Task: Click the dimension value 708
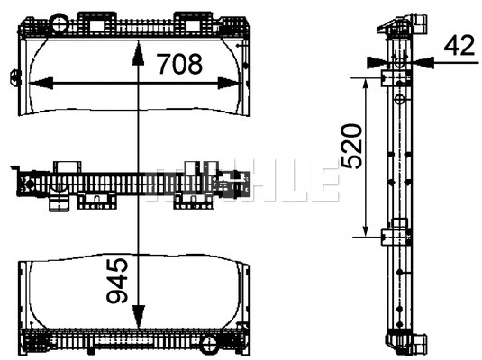pos(179,65)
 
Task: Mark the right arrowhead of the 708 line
pos(239,83)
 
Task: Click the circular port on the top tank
pos(60,22)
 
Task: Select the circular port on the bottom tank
pos(211,343)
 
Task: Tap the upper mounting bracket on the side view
pos(395,79)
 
